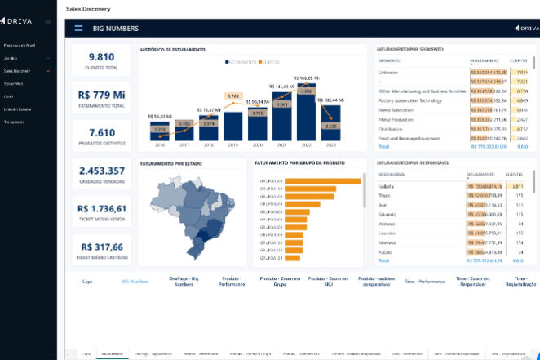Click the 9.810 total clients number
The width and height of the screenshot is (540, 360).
click(x=101, y=57)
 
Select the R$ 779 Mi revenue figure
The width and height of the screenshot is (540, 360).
click(x=101, y=96)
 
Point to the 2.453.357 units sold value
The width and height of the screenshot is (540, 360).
click(x=101, y=171)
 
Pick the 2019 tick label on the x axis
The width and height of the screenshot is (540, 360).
click(x=233, y=144)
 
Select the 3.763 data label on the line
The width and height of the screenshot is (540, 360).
click(x=232, y=96)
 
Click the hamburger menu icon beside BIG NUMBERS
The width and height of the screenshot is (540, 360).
click(x=78, y=28)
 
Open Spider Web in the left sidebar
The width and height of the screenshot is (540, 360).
click(x=13, y=83)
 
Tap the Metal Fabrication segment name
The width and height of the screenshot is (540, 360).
click(x=396, y=109)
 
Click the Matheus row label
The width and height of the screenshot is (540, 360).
click(x=388, y=242)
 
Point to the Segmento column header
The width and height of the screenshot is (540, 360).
click(x=390, y=61)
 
